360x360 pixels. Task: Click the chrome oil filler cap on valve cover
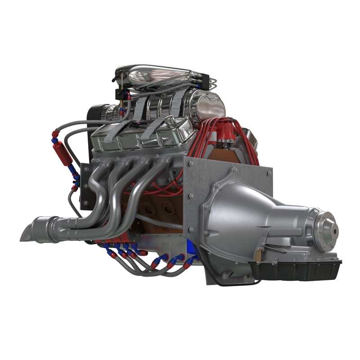coord(170,120)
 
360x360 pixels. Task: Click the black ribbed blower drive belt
coord(96,117)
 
